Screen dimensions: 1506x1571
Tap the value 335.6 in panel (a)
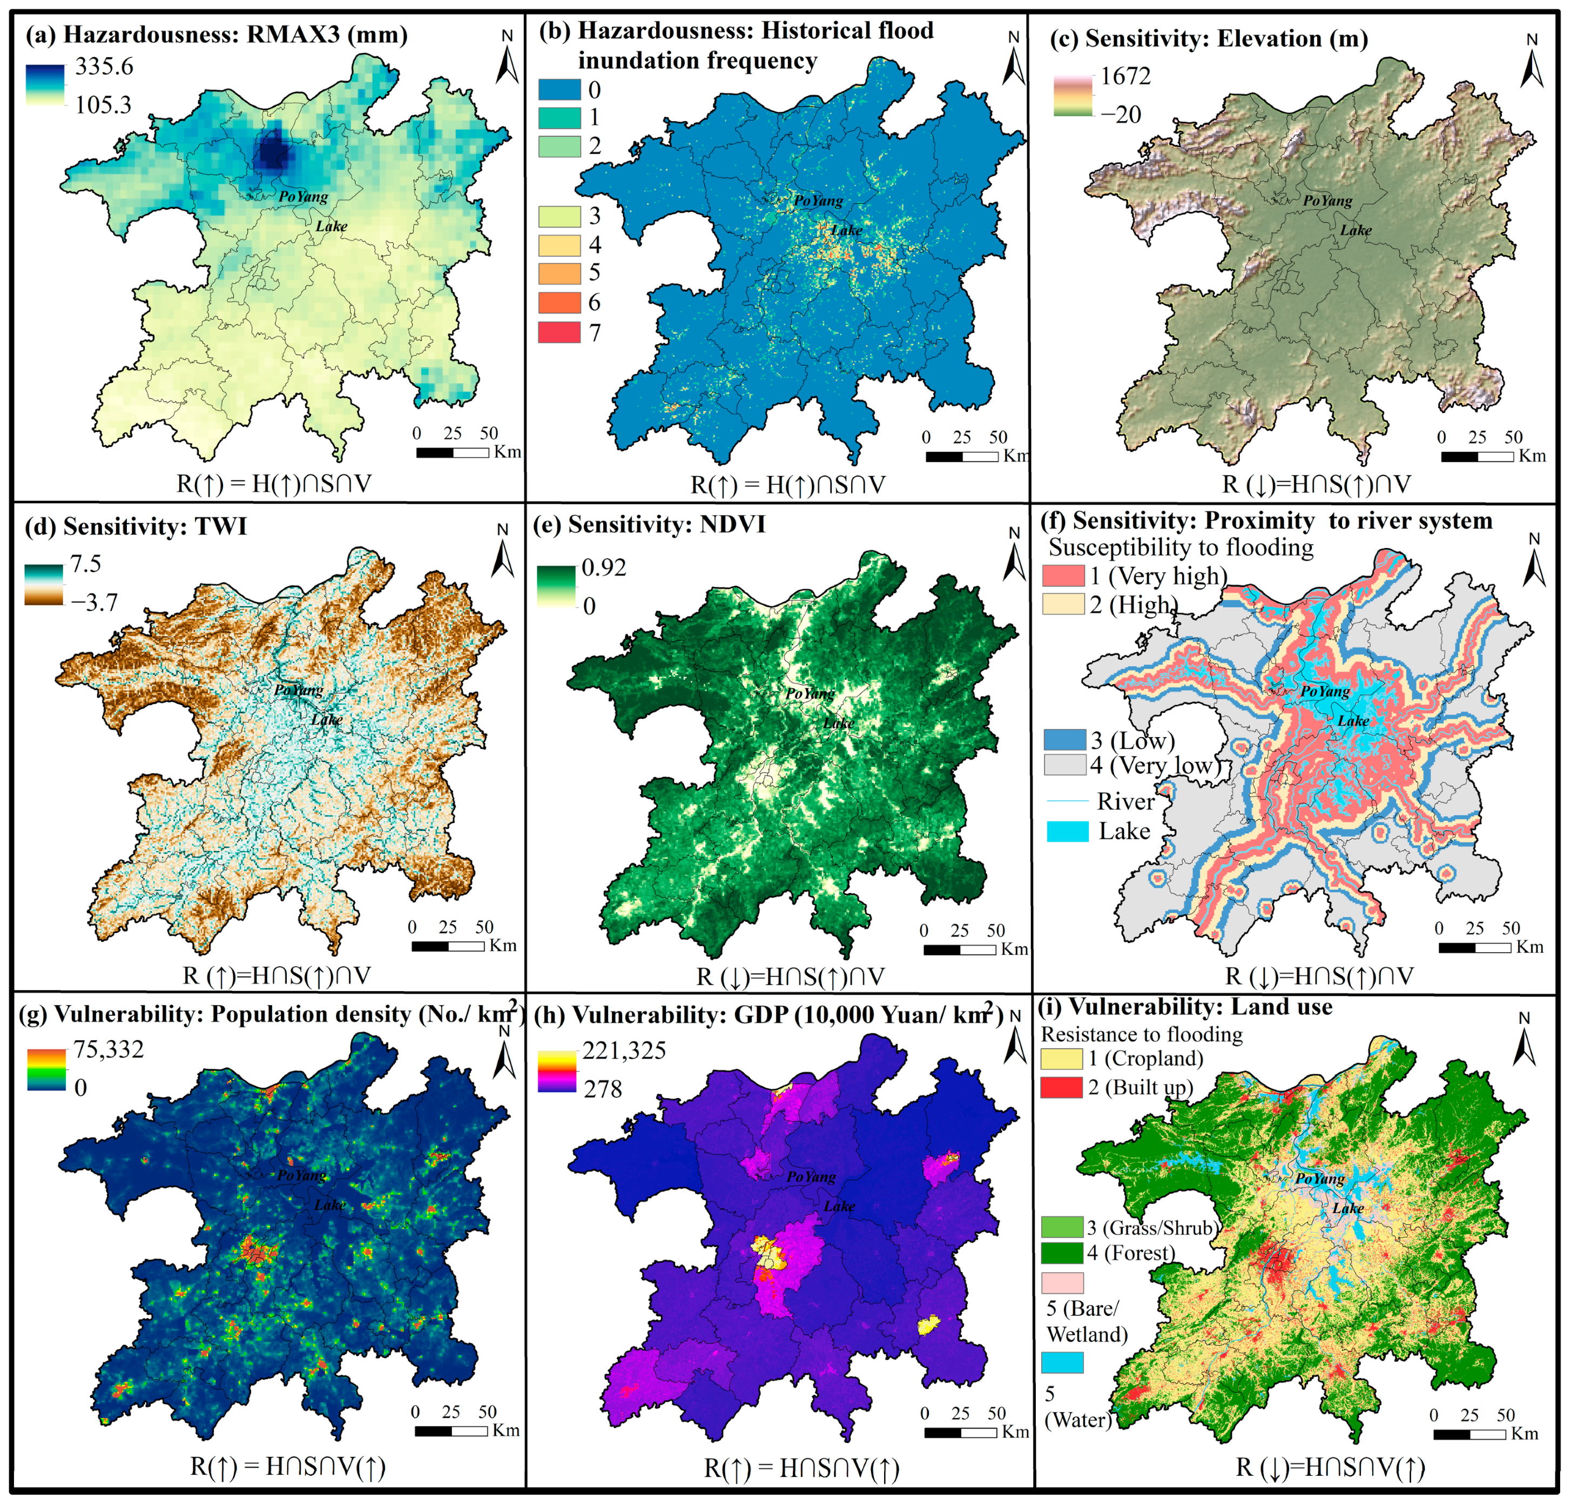coord(104,66)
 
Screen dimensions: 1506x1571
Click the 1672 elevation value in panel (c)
coord(1125,76)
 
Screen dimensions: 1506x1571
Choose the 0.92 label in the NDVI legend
coord(604,568)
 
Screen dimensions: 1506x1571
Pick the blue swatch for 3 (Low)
coord(1064,739)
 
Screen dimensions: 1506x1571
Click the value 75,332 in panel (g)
coord(109,1049)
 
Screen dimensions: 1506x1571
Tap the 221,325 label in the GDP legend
coord(624,1050)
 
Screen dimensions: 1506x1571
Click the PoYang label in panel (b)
coord(818,200)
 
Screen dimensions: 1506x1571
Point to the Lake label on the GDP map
coord(839,1206)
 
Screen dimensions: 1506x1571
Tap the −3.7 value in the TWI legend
coord(94,603)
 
